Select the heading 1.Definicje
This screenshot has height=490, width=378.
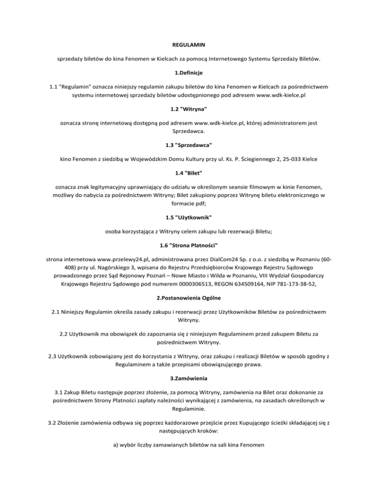pos(189,73)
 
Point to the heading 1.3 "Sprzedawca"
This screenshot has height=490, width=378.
pos(189,145)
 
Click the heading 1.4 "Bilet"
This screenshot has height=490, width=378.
pos(189,173)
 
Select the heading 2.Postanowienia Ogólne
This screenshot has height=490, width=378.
pos(189,298)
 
